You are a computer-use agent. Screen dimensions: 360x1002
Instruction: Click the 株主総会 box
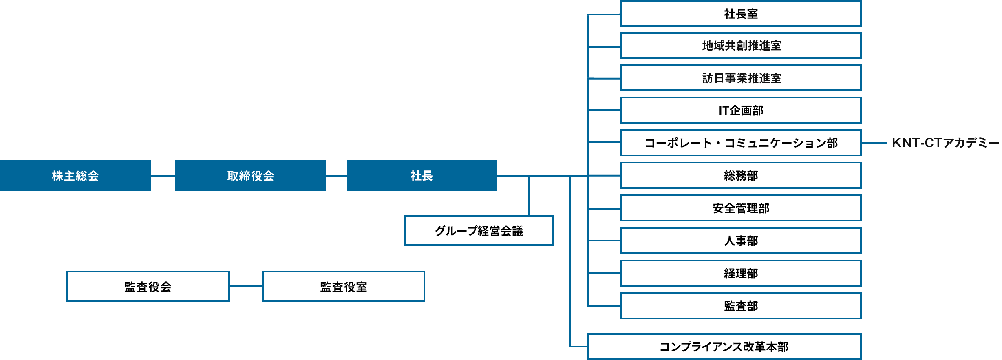pyautogui.click(x=75, y=175)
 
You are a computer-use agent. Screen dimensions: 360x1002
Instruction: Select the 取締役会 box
pyautogui.click(x=250, y=175)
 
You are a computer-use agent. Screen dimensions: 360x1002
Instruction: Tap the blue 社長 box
pyautogui.click(x=422, y=175)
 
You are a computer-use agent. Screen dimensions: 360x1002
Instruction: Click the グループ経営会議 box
pyautogui.click(x=479, y=231)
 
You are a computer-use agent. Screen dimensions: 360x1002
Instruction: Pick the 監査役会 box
pyautogui.click(x=148, y=286)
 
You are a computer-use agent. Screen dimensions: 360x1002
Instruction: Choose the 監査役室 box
pyautogui.click(x=343, y=286)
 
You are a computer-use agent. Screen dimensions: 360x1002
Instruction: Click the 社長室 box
pyautogui.click(x=741, y=14)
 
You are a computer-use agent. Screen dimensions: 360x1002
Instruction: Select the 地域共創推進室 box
pyautogui.click(x=741, y=46)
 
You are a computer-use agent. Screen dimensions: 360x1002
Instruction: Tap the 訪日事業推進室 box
pyautogui.click(x=741, y=77)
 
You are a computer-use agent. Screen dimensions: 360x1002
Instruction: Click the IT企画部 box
pyautogui.click(x=741, y=110)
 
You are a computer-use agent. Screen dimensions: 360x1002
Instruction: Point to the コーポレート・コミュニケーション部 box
pyautogui.click(x=741, y=143)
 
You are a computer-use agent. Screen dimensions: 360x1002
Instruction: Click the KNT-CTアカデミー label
pyautogui.click(x=945, y=143)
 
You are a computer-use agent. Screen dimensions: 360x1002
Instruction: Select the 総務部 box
pyautogui.click(x=741, y=175)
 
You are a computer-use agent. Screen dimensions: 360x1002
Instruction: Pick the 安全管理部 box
pyautogui.click(x=741, y=208)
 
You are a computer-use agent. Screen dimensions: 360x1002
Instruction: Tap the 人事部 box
pyautogui.click(x=741, y=241)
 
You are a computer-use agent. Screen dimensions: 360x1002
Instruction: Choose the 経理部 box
pyautogui.click(x=741, y=273)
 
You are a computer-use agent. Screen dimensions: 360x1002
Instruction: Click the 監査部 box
pyautogui.click(x=741, y=306)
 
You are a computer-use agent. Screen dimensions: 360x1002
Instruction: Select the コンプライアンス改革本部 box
pyautogui.click(x=724, y=347)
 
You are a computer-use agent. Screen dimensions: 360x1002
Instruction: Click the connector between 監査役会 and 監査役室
pyautogui.click(x=246, y=286)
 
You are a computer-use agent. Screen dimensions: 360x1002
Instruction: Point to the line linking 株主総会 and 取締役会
pyautogui.click(x=163, y=176)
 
